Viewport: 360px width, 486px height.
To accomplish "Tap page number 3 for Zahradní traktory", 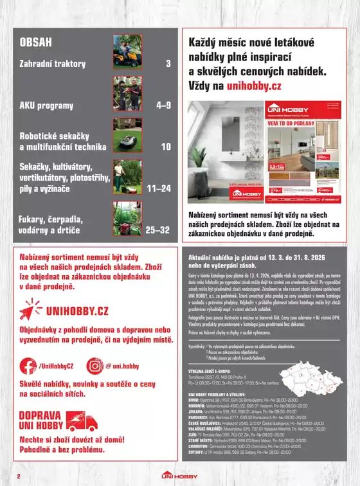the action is click(168, 64).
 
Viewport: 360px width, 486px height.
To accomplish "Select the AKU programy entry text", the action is click(46, 105).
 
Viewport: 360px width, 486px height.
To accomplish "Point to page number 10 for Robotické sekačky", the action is click(166, 147).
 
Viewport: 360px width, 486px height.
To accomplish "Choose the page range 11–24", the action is click(159, 189).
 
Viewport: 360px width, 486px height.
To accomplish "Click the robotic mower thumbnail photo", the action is click(127, 136).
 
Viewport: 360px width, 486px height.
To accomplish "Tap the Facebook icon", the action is click(28, 366).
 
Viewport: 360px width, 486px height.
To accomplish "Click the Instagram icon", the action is click(95, 366).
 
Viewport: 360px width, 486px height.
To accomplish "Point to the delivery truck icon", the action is click(82, 422).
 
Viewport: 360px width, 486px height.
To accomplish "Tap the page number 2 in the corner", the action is click(19, 476).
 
